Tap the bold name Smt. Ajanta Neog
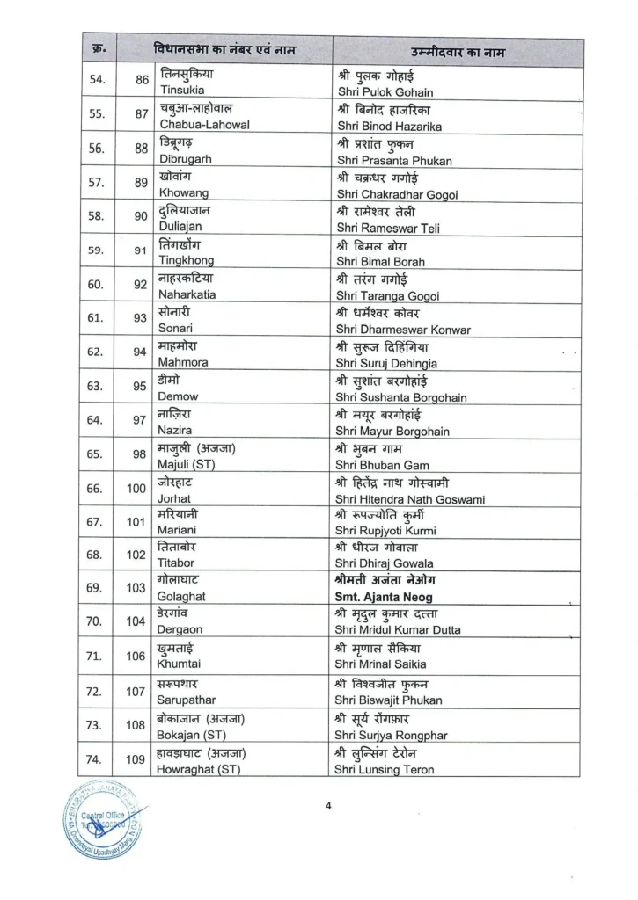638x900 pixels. coord(384,597)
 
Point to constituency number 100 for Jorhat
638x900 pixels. coord(136,489)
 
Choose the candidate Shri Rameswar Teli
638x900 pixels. coord(388,229)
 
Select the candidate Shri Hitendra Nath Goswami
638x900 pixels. coord(410,498)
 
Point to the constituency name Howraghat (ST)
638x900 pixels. coord(200,768)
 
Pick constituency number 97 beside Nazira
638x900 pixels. coord(139,420)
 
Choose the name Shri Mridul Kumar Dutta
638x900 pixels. coord(399,629)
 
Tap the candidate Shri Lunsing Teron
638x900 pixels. coord(385,769)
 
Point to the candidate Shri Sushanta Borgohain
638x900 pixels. coord(401,396)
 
